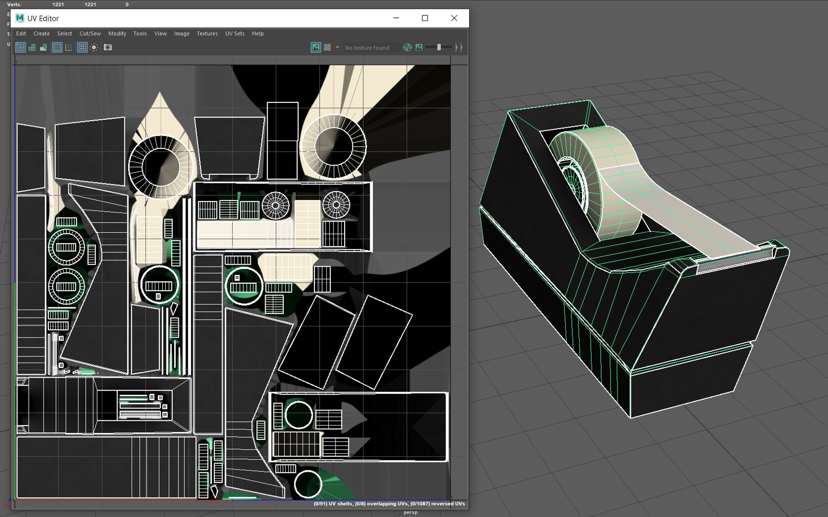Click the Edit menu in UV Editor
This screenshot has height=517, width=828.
[x=21, y=34]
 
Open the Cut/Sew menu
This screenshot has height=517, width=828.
[x=90, y=34]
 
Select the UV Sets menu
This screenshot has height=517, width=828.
[x=235, y=34]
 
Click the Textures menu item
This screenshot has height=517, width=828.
[x=207, y=34]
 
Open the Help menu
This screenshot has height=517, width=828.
[x=257, y=34]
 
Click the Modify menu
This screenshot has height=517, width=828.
[x=117, y=34]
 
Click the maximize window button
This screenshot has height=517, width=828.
[x=425, y=18]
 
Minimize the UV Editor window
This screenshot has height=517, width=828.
[x=396, y=18]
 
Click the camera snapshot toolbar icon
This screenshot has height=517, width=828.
[x=108, y=47]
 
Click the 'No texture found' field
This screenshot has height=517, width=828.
[x=367, y=48]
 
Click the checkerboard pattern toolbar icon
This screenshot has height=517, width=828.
[x=327, y=47]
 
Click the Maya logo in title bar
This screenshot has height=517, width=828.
[x=20, y=18]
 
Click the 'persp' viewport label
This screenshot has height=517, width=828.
[x=410, y=512]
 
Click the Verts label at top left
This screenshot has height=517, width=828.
[x=14, y=4]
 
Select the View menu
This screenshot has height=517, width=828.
[x=160, y=34]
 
